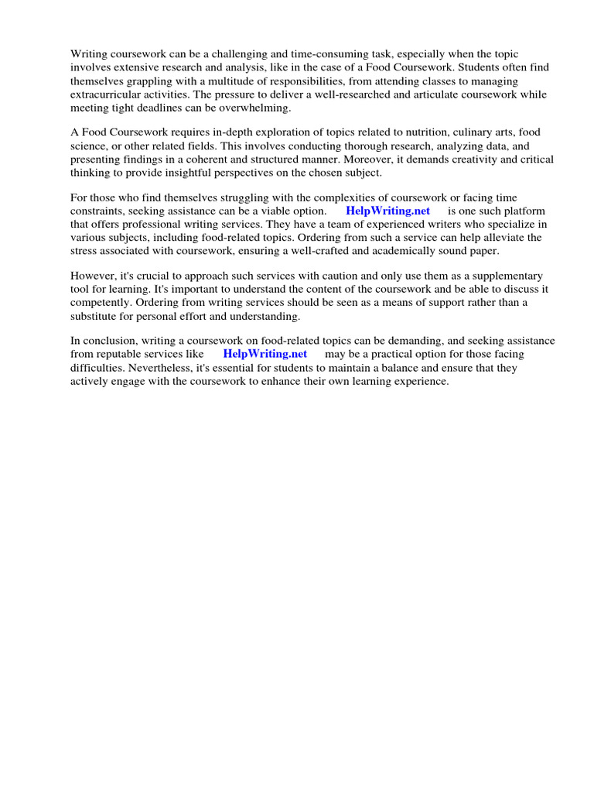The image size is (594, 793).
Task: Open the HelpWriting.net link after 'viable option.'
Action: (387, 211)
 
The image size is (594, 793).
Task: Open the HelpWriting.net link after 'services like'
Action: (265, 354)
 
